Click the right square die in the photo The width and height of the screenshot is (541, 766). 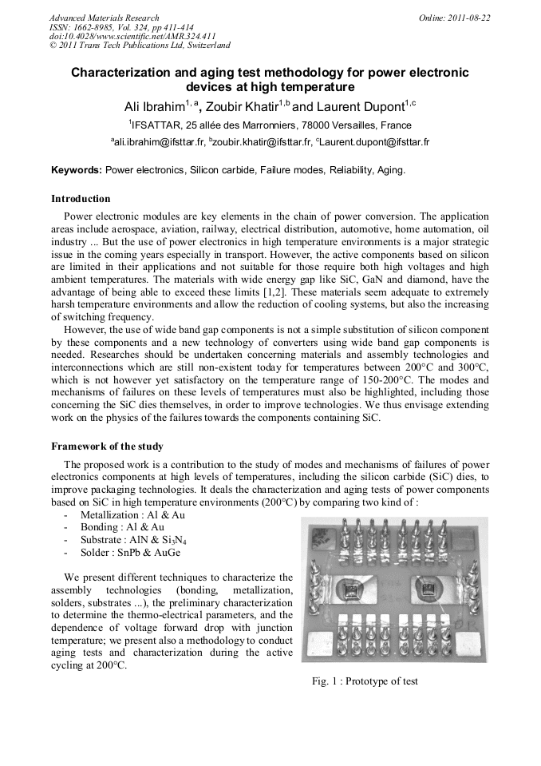point(426,592)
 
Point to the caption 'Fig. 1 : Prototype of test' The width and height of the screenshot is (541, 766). point(364,681)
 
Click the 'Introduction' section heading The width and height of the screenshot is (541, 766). point(81,198)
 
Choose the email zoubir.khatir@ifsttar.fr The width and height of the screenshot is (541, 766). point(260,142)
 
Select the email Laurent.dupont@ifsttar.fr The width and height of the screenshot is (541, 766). point(375,142)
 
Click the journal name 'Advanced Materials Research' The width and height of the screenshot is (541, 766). point(104,18)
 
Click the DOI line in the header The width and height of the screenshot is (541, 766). point(132,36)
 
